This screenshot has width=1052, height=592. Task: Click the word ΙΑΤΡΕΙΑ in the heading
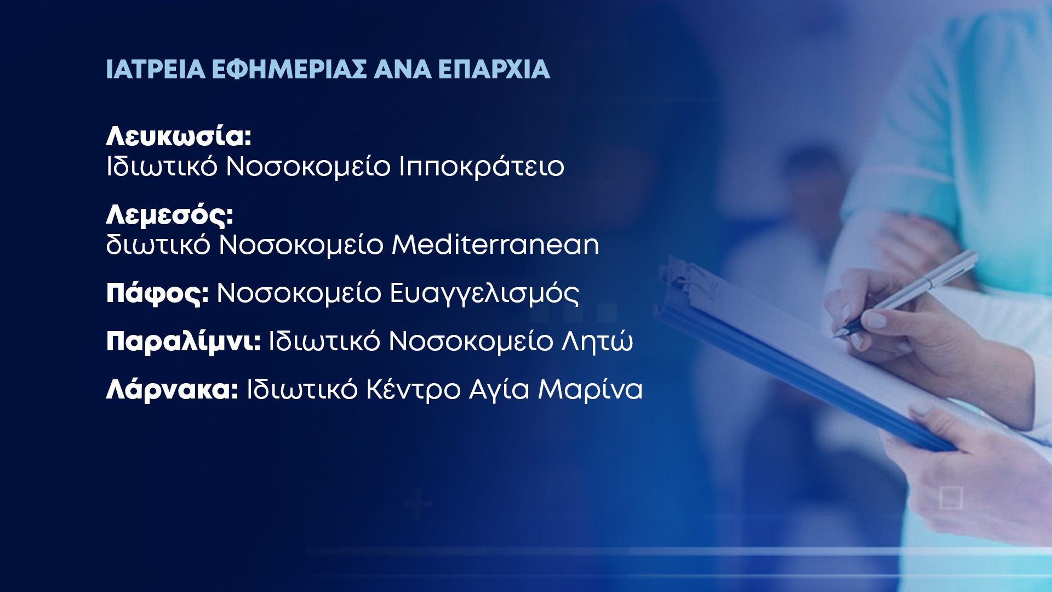point(156,70)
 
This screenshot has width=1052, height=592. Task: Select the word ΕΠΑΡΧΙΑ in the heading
point(494,70)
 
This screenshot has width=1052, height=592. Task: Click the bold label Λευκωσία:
point(179,136)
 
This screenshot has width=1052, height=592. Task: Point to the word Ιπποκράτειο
point(481,167)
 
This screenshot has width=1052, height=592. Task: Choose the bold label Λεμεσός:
point(170,214)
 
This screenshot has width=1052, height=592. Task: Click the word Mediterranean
point(495,244)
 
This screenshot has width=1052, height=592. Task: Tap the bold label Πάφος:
point(158,293)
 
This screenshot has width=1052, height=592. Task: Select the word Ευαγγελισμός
point(484,294)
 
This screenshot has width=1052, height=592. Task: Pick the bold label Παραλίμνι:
point(184,342)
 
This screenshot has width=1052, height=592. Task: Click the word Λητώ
point(597,341)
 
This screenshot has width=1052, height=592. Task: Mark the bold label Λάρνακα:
point(172,390)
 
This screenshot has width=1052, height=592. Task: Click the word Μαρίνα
point(590,390)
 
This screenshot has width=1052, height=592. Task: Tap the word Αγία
point(499,390)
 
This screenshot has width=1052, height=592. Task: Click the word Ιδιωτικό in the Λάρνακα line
point(302,390)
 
